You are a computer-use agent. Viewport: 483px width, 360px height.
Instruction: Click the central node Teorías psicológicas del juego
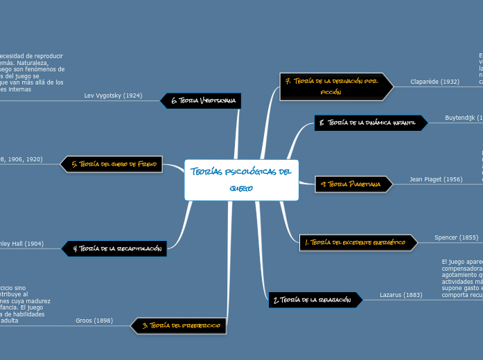point(241,180)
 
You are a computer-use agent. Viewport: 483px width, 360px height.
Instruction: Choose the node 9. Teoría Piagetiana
point(347,183)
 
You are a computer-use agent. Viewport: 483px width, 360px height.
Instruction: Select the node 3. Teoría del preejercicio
point(180,325)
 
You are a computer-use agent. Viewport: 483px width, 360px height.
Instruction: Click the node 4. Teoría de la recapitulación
point(114,248)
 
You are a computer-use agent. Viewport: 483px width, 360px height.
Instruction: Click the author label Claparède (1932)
point(434,82)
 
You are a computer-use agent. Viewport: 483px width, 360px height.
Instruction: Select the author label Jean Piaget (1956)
point(436,179)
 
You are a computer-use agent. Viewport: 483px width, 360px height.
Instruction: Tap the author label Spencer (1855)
point(456,237)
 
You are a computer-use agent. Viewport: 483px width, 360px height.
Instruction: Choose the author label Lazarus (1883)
point(401,295)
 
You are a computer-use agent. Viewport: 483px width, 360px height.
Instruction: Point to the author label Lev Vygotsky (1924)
point(113,96)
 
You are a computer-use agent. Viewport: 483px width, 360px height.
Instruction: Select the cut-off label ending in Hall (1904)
point(23,244)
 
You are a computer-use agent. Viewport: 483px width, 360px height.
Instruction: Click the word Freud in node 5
point(148,164)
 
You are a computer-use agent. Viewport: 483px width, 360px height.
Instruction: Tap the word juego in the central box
point(241,188)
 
